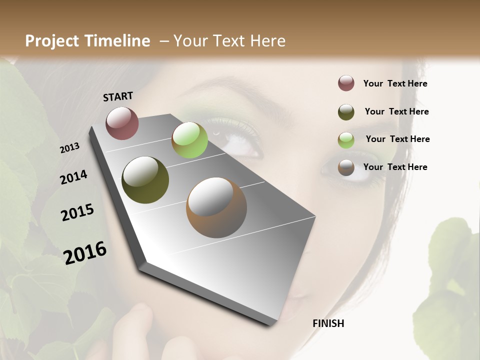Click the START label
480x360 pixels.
(x=118, y=96)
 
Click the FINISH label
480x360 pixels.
(x=328, y=323)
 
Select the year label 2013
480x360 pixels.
(x=70, y=148)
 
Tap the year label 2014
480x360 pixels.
(x=74, y=177)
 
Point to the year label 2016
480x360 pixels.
(x=85, y=252)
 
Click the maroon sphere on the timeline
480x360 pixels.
(x=122, y=123)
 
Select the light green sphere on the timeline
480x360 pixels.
(x=189, y=140)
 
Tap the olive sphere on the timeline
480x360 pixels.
(x=145, y=180)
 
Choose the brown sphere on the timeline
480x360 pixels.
(x=216, y=207)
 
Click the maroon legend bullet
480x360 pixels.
(x=346, y=83)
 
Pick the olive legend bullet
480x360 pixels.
(x=346, y=111)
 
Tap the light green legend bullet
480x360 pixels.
(x=346, y=140)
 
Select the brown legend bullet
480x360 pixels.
(x=346, y=167)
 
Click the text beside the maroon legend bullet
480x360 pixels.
(x=395, y=83)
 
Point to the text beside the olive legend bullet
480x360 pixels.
(x=396, y=111)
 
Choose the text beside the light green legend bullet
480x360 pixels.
(x=397, y=139)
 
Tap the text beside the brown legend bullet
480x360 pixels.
(x=395, y=167)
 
